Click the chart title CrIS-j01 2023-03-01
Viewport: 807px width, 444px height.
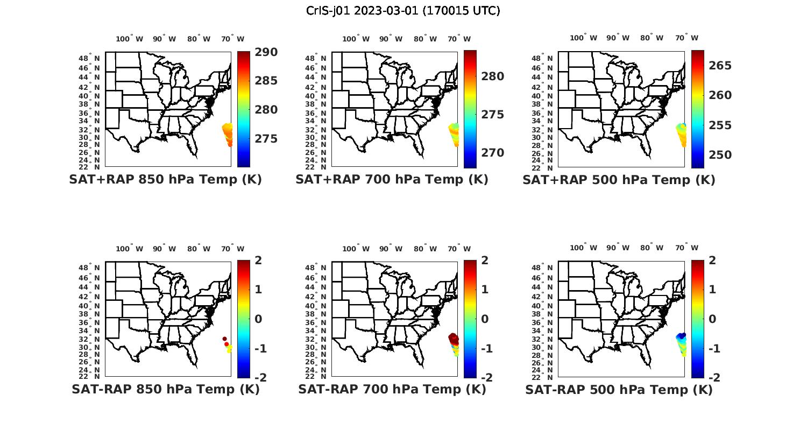tap(403, 11)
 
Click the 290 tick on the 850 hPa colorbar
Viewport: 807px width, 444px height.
tap(266, 52)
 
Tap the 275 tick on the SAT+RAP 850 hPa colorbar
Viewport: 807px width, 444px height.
tap(266, 139)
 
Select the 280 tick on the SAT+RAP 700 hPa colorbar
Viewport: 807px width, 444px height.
tap(492, 76)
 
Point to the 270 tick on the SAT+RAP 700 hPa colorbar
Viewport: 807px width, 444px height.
tap(492, 153)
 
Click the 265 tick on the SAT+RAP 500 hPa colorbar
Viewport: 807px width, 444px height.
tap(720, 66)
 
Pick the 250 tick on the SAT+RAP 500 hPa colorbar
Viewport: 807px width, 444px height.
tap(720, 155)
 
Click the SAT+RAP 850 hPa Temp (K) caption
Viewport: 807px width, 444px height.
tap(165, 179)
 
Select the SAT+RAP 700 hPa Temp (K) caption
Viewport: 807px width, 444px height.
tap(392, 179)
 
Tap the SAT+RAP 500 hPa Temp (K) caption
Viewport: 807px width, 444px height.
tap(619, 180)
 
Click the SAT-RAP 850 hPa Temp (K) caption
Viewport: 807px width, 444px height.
tap(165, 389)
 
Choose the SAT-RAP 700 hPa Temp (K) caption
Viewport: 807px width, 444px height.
tap(392, 389)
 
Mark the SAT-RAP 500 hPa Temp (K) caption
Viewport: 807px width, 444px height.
tap(619, 390)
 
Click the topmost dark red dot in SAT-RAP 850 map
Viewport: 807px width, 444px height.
tap(224, 339)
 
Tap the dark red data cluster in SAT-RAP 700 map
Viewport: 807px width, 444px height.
tap(454, 339)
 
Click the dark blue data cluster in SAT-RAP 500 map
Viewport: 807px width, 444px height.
tap(681, 337)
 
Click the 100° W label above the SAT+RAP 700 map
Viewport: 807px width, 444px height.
tap(356, 39)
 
